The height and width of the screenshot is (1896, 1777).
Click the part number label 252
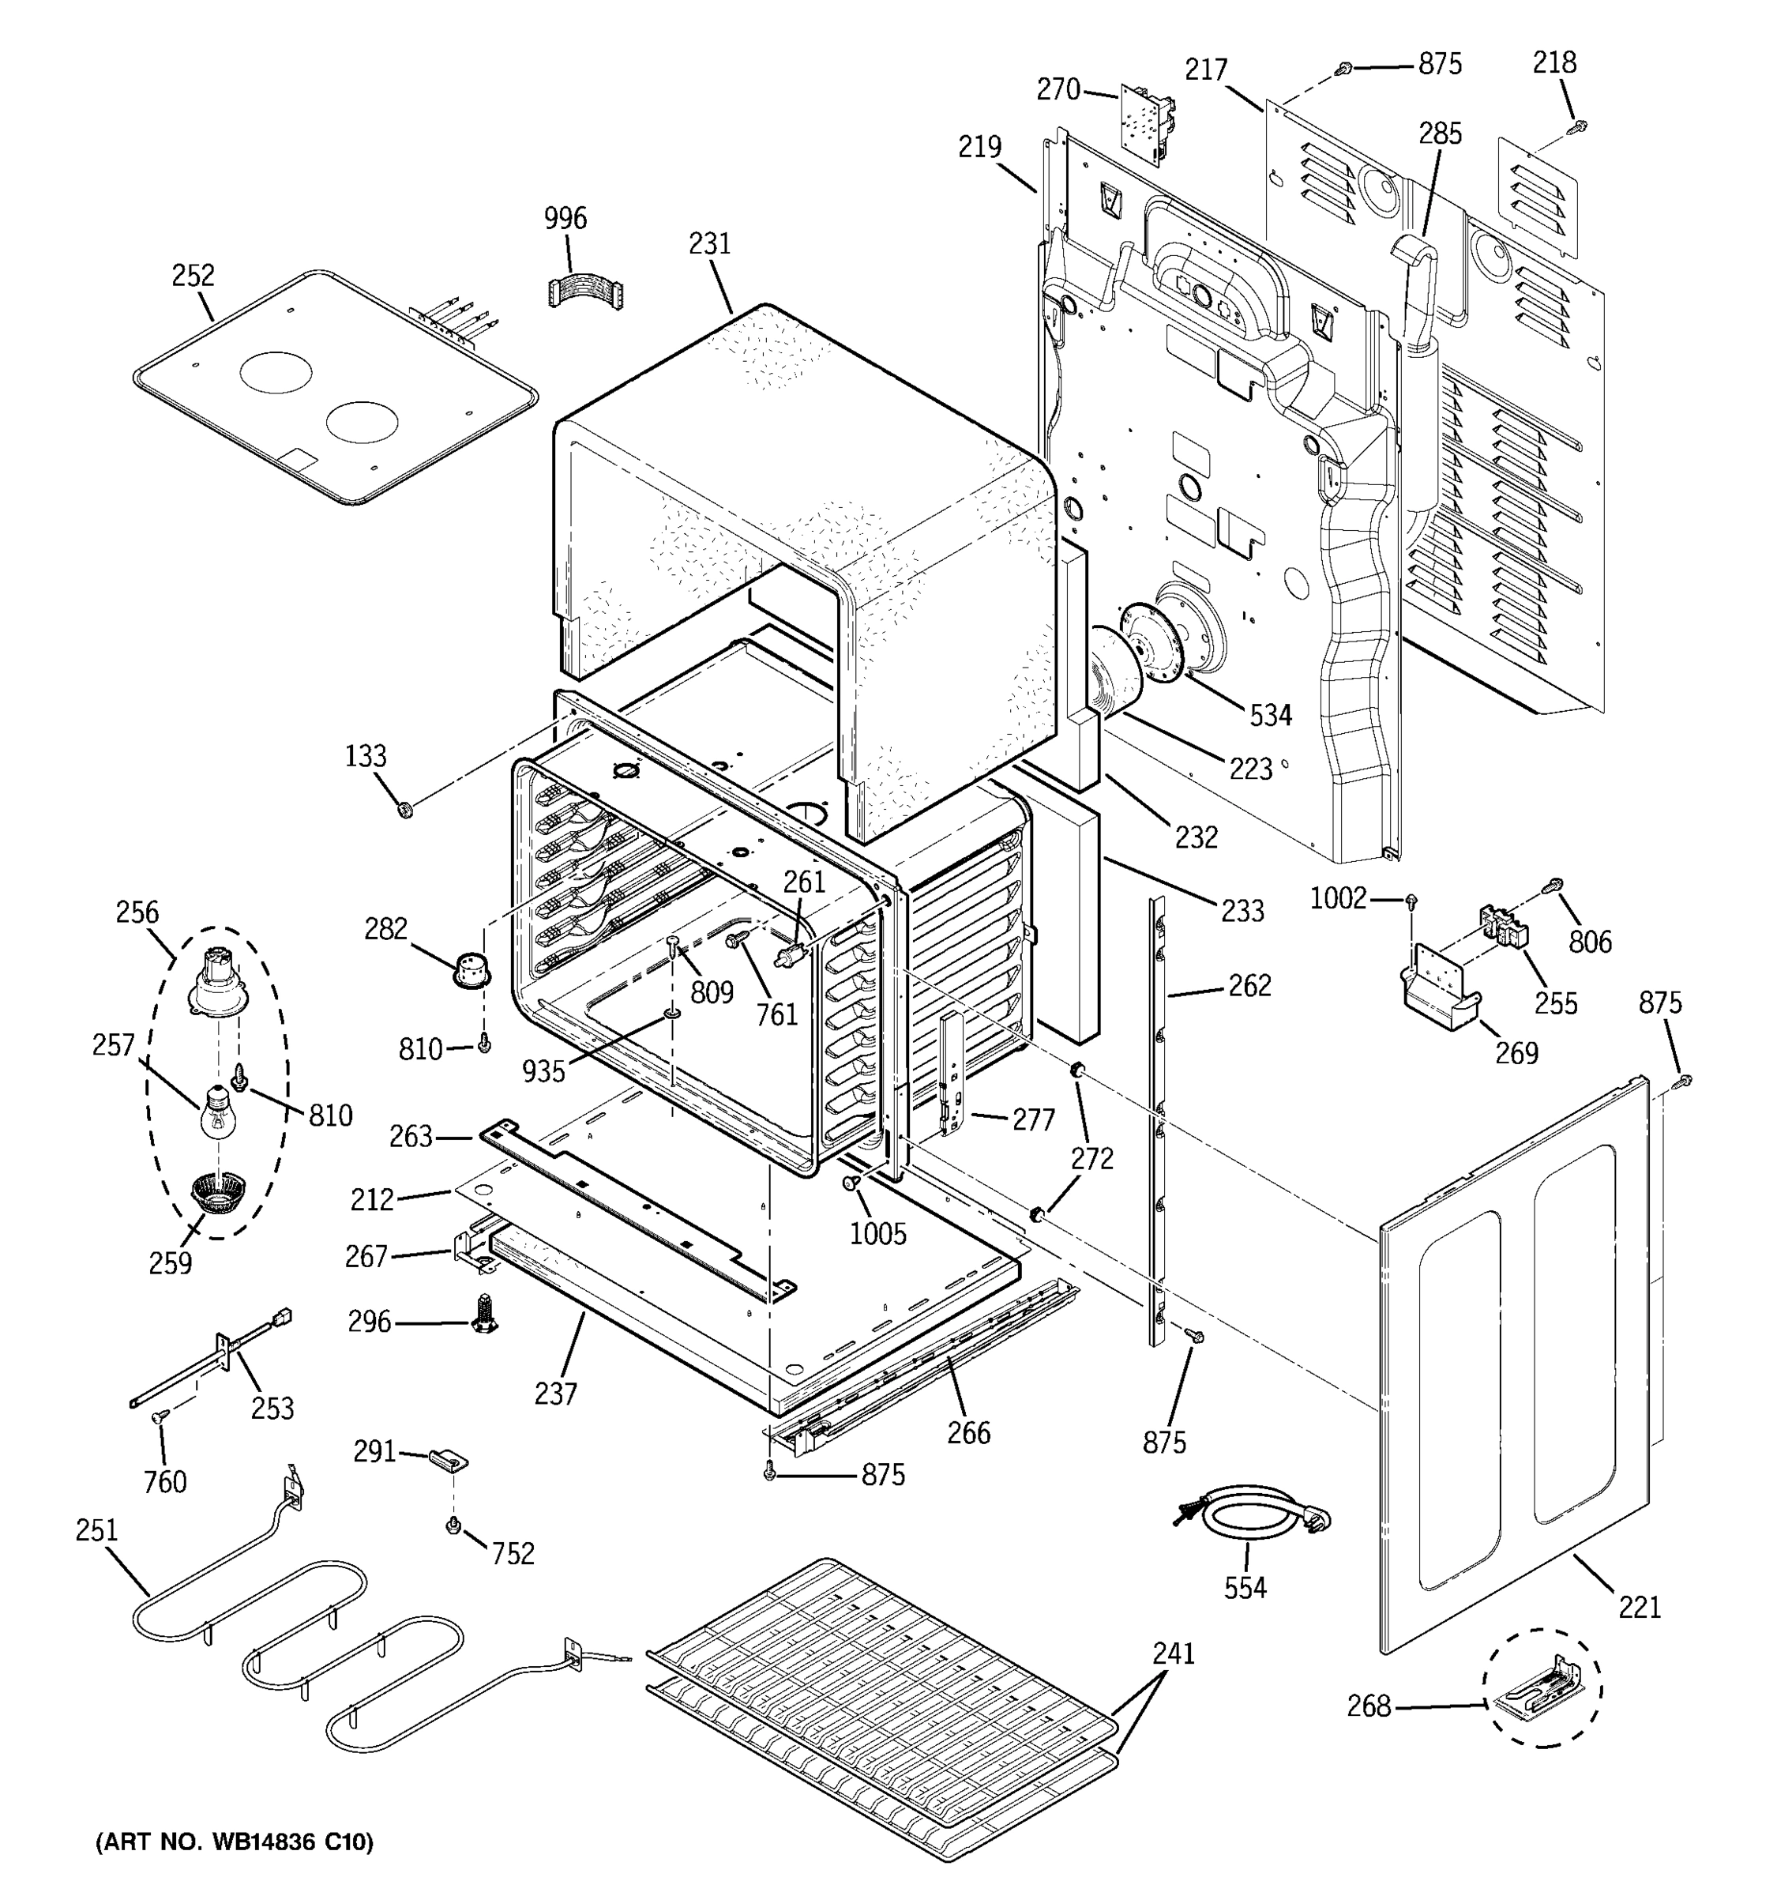point(193,276)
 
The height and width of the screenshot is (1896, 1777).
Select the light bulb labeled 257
point(218,1113)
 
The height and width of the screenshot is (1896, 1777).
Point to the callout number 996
point(565,218)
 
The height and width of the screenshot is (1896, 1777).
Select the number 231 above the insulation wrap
point(709,244)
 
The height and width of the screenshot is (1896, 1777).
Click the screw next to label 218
point(1578,125)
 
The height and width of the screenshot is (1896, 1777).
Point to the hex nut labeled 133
point(404,811)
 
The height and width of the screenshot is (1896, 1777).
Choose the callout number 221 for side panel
point(1640,1607)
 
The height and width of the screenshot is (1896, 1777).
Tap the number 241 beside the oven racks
point(1173,1653)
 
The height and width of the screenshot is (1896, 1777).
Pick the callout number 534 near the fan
point(1270,714)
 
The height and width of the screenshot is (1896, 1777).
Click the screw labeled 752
point(455,1527)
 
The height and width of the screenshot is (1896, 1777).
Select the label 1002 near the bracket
point(1338,898)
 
